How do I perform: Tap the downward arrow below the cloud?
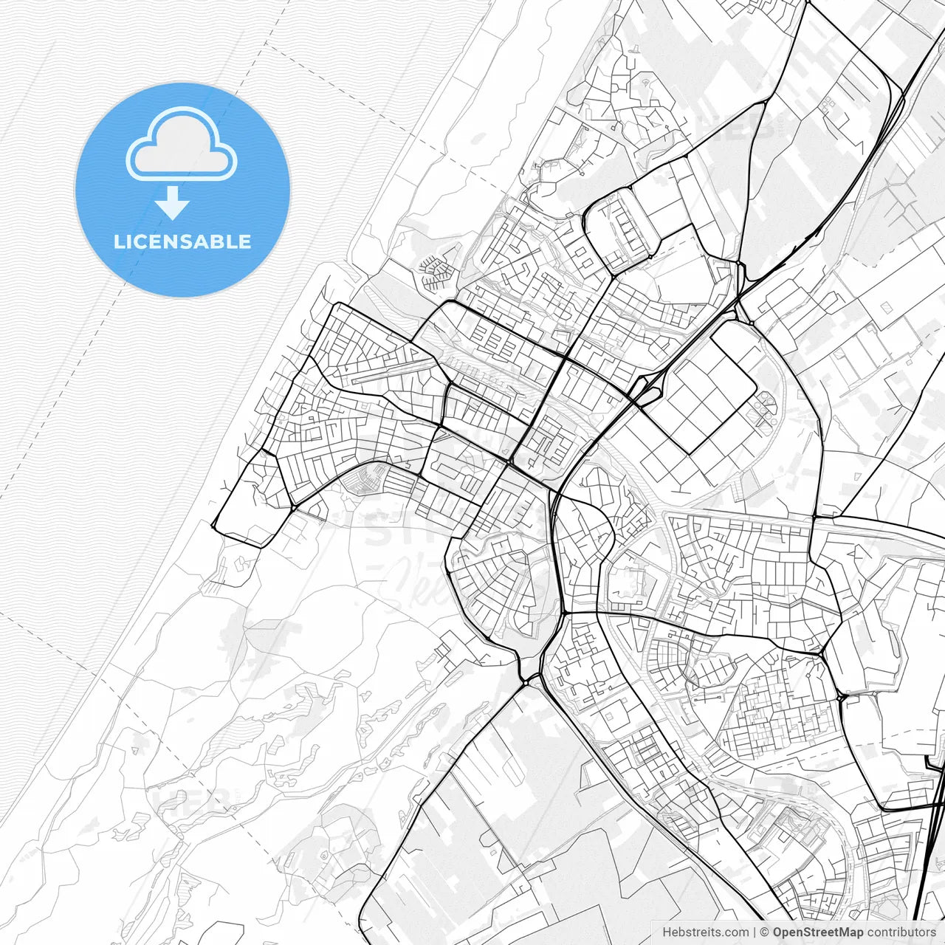click(173, 203)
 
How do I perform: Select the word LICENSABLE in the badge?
click(182, 242)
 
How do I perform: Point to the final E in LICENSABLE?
click(244, 242)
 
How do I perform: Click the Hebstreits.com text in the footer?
click(705, 932)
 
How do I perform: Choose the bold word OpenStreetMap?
click(818, 932)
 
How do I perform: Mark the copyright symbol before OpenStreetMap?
click(765, 932)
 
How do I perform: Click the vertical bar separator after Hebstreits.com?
click(755, 932)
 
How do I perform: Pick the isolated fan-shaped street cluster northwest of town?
click(436, 272)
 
